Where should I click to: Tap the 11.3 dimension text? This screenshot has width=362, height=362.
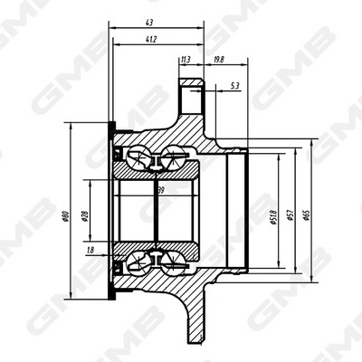(186, 61)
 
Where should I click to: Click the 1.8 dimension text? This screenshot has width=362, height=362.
(90, 248)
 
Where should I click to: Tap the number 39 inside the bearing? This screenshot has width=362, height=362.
(160, 191)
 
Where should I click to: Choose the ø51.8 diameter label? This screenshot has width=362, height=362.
(272, 217)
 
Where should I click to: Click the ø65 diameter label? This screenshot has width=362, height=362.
(309, 216)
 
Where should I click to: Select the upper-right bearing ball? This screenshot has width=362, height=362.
(172, 159)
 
